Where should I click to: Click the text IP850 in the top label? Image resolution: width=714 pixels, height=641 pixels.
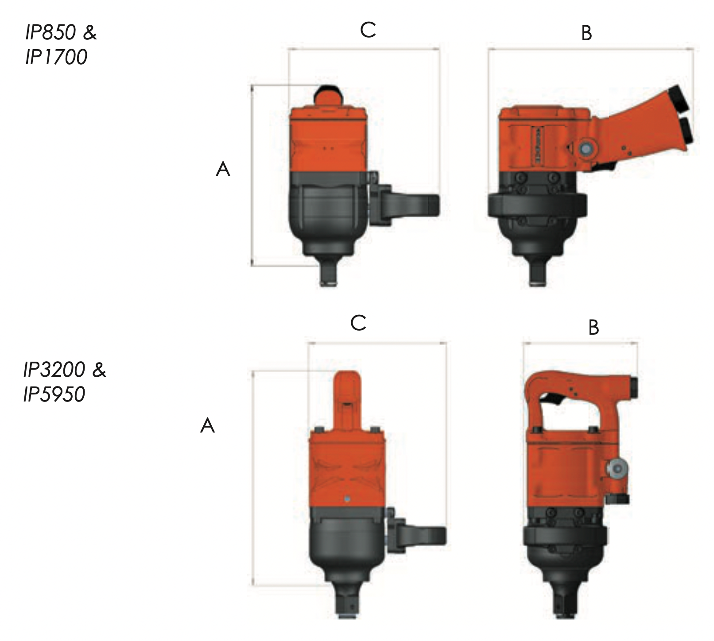tap(51, 33)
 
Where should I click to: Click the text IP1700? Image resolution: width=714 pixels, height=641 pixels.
tap(56, 57)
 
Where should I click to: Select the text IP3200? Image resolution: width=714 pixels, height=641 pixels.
tap(54, 370)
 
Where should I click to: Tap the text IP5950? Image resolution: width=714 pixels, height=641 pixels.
tap(54, 394)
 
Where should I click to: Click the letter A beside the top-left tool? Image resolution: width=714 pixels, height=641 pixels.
tap(223, 170)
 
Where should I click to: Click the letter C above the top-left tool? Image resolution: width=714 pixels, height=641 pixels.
tap(368, 31)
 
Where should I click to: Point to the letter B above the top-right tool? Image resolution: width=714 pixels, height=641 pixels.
tap(586, 33)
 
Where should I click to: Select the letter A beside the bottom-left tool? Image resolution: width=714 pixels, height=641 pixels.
tap(207, 426)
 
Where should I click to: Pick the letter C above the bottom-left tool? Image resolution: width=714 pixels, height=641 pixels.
tap(358, 323)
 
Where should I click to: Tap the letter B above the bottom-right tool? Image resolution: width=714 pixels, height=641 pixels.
tap(594, 328)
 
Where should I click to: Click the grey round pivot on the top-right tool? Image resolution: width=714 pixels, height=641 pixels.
tap(585, 150)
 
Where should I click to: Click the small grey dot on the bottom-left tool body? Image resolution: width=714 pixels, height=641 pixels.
tap(347, 499)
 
